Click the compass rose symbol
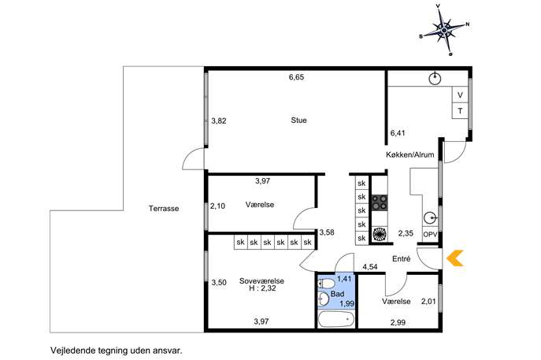tap(444, 31)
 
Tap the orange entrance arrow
tap(455, 258)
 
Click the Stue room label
tap(298, 120)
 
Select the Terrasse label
tap(164, 209)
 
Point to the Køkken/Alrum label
tap(410, 154)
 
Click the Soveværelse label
tap(261, 281)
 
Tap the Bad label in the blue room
tap(337, 294)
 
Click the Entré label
tap(402, 258)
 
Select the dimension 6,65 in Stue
tap(296, 77)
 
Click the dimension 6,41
tap(398, 133)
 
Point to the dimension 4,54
tap(370, 267)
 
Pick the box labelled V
tap(460, 95)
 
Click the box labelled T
tap(460, 111)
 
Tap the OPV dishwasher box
tap(430, 235)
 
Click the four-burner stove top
tap(380, 202)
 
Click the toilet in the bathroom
tap(326, 284)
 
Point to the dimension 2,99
tap(398, 323)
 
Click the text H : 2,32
tap(262, 288)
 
